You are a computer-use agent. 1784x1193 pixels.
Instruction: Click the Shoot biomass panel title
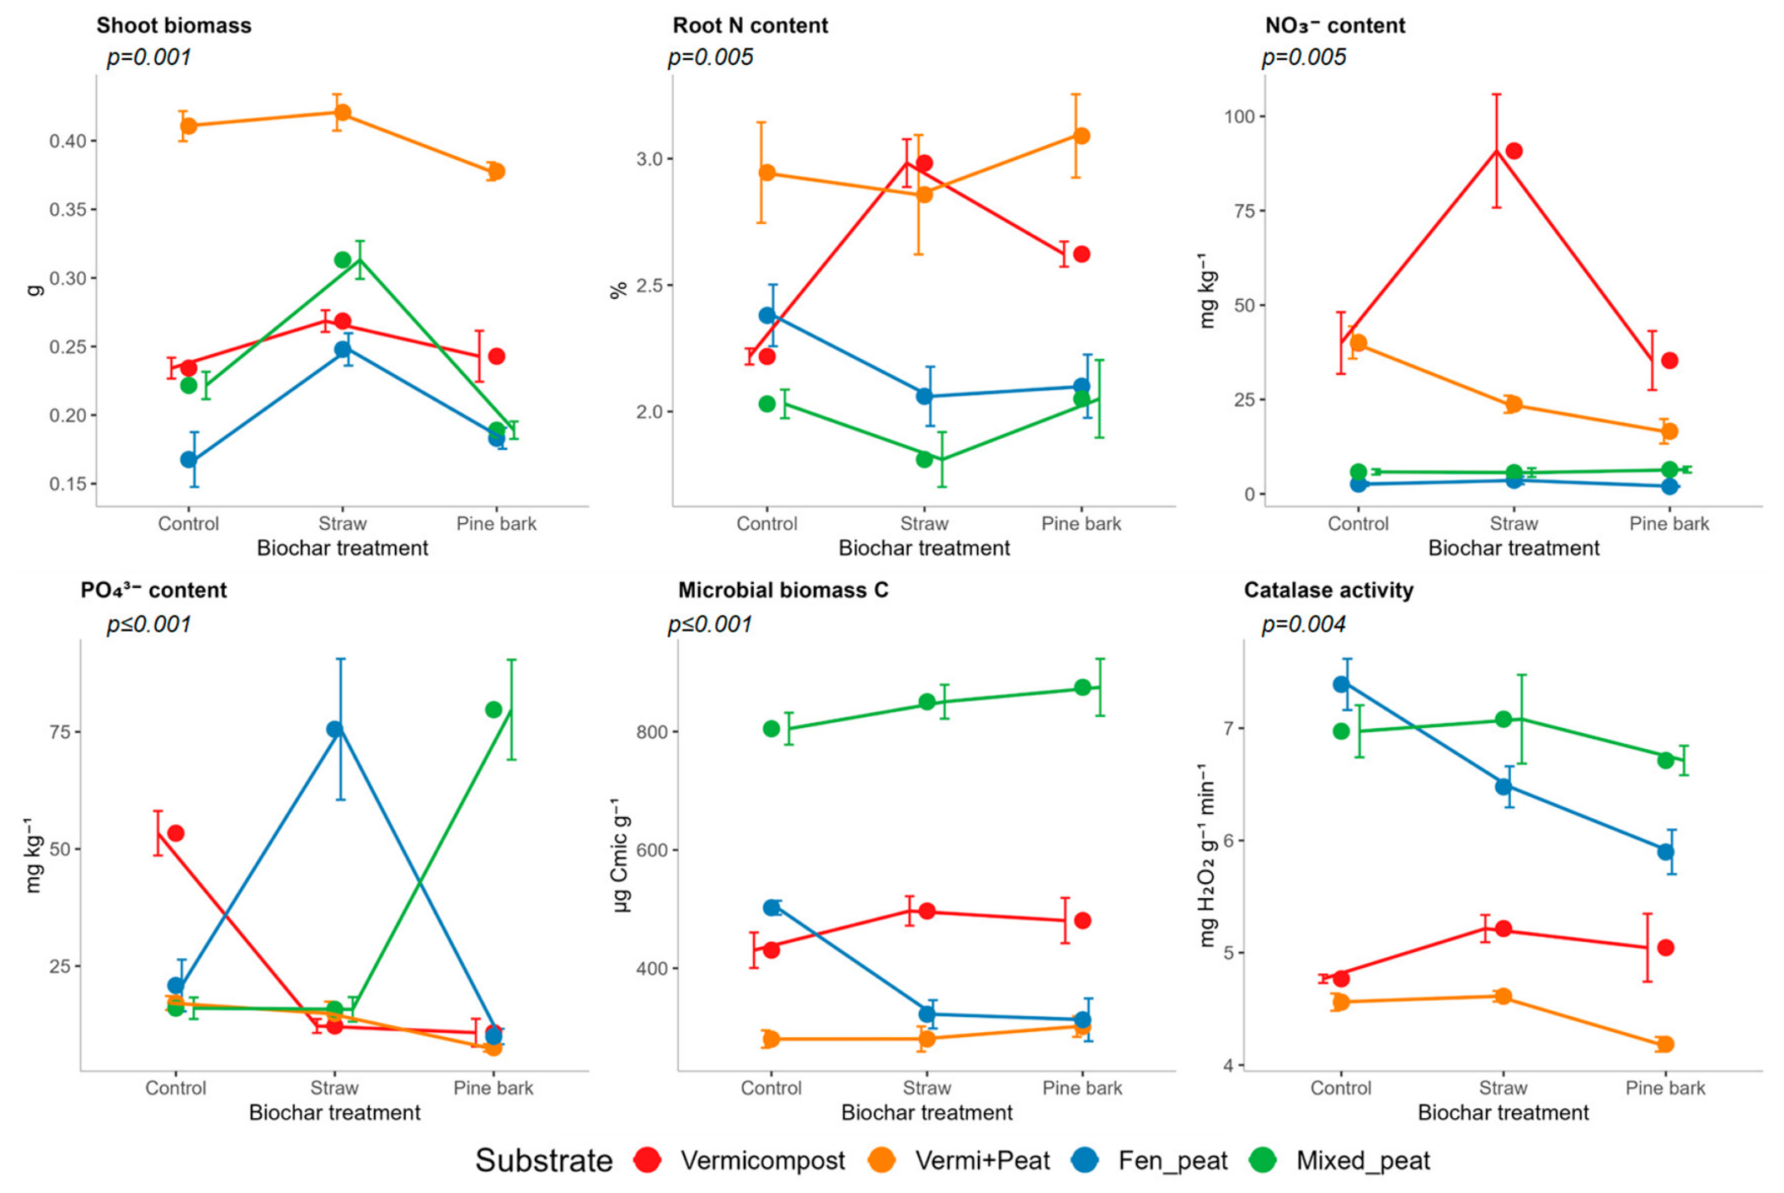pyautogui.click(x=174, y=25)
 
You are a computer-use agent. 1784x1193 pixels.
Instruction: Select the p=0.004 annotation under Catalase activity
pyautogui.click(x=1303, y=624)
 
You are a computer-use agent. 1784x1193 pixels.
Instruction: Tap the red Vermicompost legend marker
pyautogui.click(x=648, y=1160)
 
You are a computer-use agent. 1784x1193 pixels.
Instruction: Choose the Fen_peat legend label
pyautogui.click(x=1172, y=1161)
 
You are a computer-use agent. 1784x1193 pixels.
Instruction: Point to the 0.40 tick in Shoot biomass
pyautogui.click(x=67, y=141)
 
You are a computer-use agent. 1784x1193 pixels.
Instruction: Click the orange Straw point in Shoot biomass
pyautogui.click(x=343, y=113)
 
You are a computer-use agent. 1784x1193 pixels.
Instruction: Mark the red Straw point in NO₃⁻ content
pyautogui.click(x=1514, y=152)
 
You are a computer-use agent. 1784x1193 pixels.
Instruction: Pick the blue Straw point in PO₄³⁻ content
pyautogui.click(x=335, y=730)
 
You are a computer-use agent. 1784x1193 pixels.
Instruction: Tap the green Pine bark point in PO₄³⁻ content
pyautogui.click(x=494, y=710)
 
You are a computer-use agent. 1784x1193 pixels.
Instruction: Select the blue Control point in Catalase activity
pyautogui.click(x=1341, y=685)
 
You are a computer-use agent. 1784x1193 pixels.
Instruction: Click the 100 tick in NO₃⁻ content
pyautogui.click(x=1238, y=116)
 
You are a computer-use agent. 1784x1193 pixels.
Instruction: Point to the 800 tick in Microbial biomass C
pyautogui.click(x=653, y=732)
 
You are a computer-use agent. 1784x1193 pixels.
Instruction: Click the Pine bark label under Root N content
pyautogui.click(x=1082, y=524)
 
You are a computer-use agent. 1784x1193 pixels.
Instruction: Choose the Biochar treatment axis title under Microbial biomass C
pyautogui.click(x=927, y=1113)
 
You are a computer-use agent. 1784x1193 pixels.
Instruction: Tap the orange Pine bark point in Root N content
pyautogui.click(x=1082, y=136)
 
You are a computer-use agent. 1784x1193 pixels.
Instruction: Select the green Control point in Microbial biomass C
pyautogui.click(x=772, y=730)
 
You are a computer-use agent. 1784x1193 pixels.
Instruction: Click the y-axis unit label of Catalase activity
pyautogui.click(x=1207, y=855)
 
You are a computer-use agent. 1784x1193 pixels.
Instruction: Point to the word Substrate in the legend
pyautogui.click(x=544, y=1161)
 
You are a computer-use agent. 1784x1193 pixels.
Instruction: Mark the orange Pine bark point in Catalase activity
pyautogui.click(x=1665, y=1045)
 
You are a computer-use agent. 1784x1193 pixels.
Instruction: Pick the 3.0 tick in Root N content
pyautogui.click(x=649, y=159)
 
